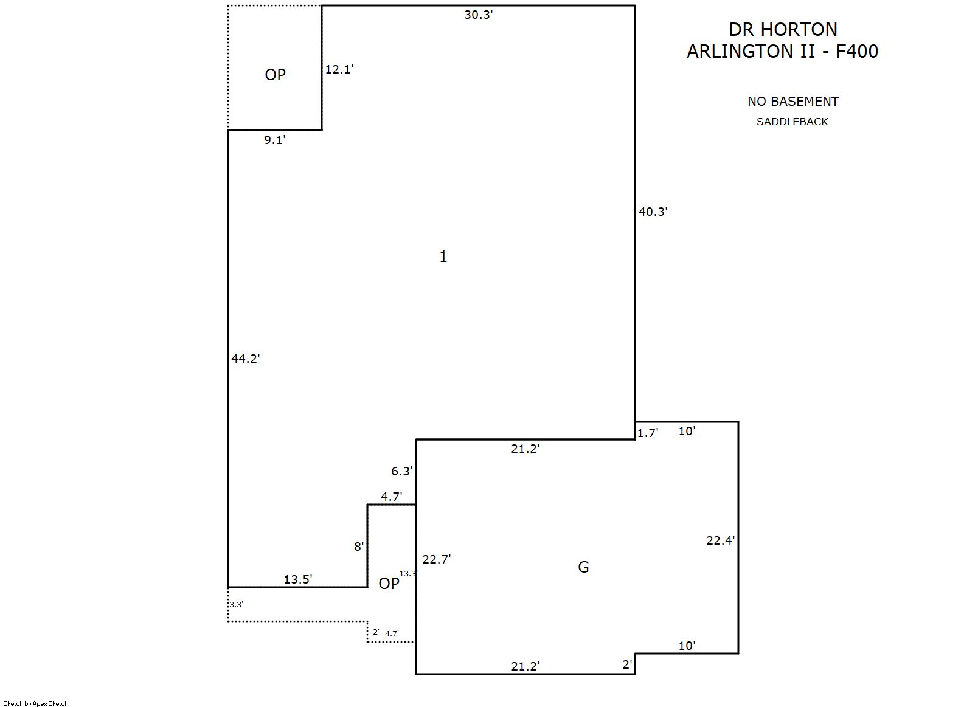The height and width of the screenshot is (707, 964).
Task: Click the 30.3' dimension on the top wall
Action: click(478, 15)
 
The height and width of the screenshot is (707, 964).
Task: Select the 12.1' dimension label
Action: click(339, 70)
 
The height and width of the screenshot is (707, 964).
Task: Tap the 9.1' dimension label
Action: click(274, 140)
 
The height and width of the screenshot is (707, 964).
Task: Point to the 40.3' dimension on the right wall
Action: click(653, 212)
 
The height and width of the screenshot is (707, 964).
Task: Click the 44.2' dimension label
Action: click(245, 359)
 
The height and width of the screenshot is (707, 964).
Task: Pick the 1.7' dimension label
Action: click(648, 433)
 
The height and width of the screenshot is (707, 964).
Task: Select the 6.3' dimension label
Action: click(401, 471)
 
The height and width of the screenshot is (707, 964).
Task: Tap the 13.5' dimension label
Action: click(298, 579)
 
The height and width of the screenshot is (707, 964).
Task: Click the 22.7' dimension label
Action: click(436, 559)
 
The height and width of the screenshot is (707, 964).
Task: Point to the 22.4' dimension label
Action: click(721, 540)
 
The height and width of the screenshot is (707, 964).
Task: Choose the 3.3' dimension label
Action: click(236, 605)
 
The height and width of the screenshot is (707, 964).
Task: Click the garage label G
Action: click(583, 567)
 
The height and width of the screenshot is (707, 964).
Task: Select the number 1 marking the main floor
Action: click(443, 257)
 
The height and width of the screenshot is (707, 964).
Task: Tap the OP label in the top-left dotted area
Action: click(275, 75)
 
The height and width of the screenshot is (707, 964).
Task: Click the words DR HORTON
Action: click(783, 30)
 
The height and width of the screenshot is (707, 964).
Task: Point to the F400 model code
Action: click(857, 52)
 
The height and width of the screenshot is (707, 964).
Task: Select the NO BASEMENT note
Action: click(792, 102)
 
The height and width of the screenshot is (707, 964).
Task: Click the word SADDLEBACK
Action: click(792, 122)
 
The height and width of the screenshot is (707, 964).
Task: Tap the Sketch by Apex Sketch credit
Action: click(36, 703)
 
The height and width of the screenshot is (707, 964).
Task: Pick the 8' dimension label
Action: click(359, 547)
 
